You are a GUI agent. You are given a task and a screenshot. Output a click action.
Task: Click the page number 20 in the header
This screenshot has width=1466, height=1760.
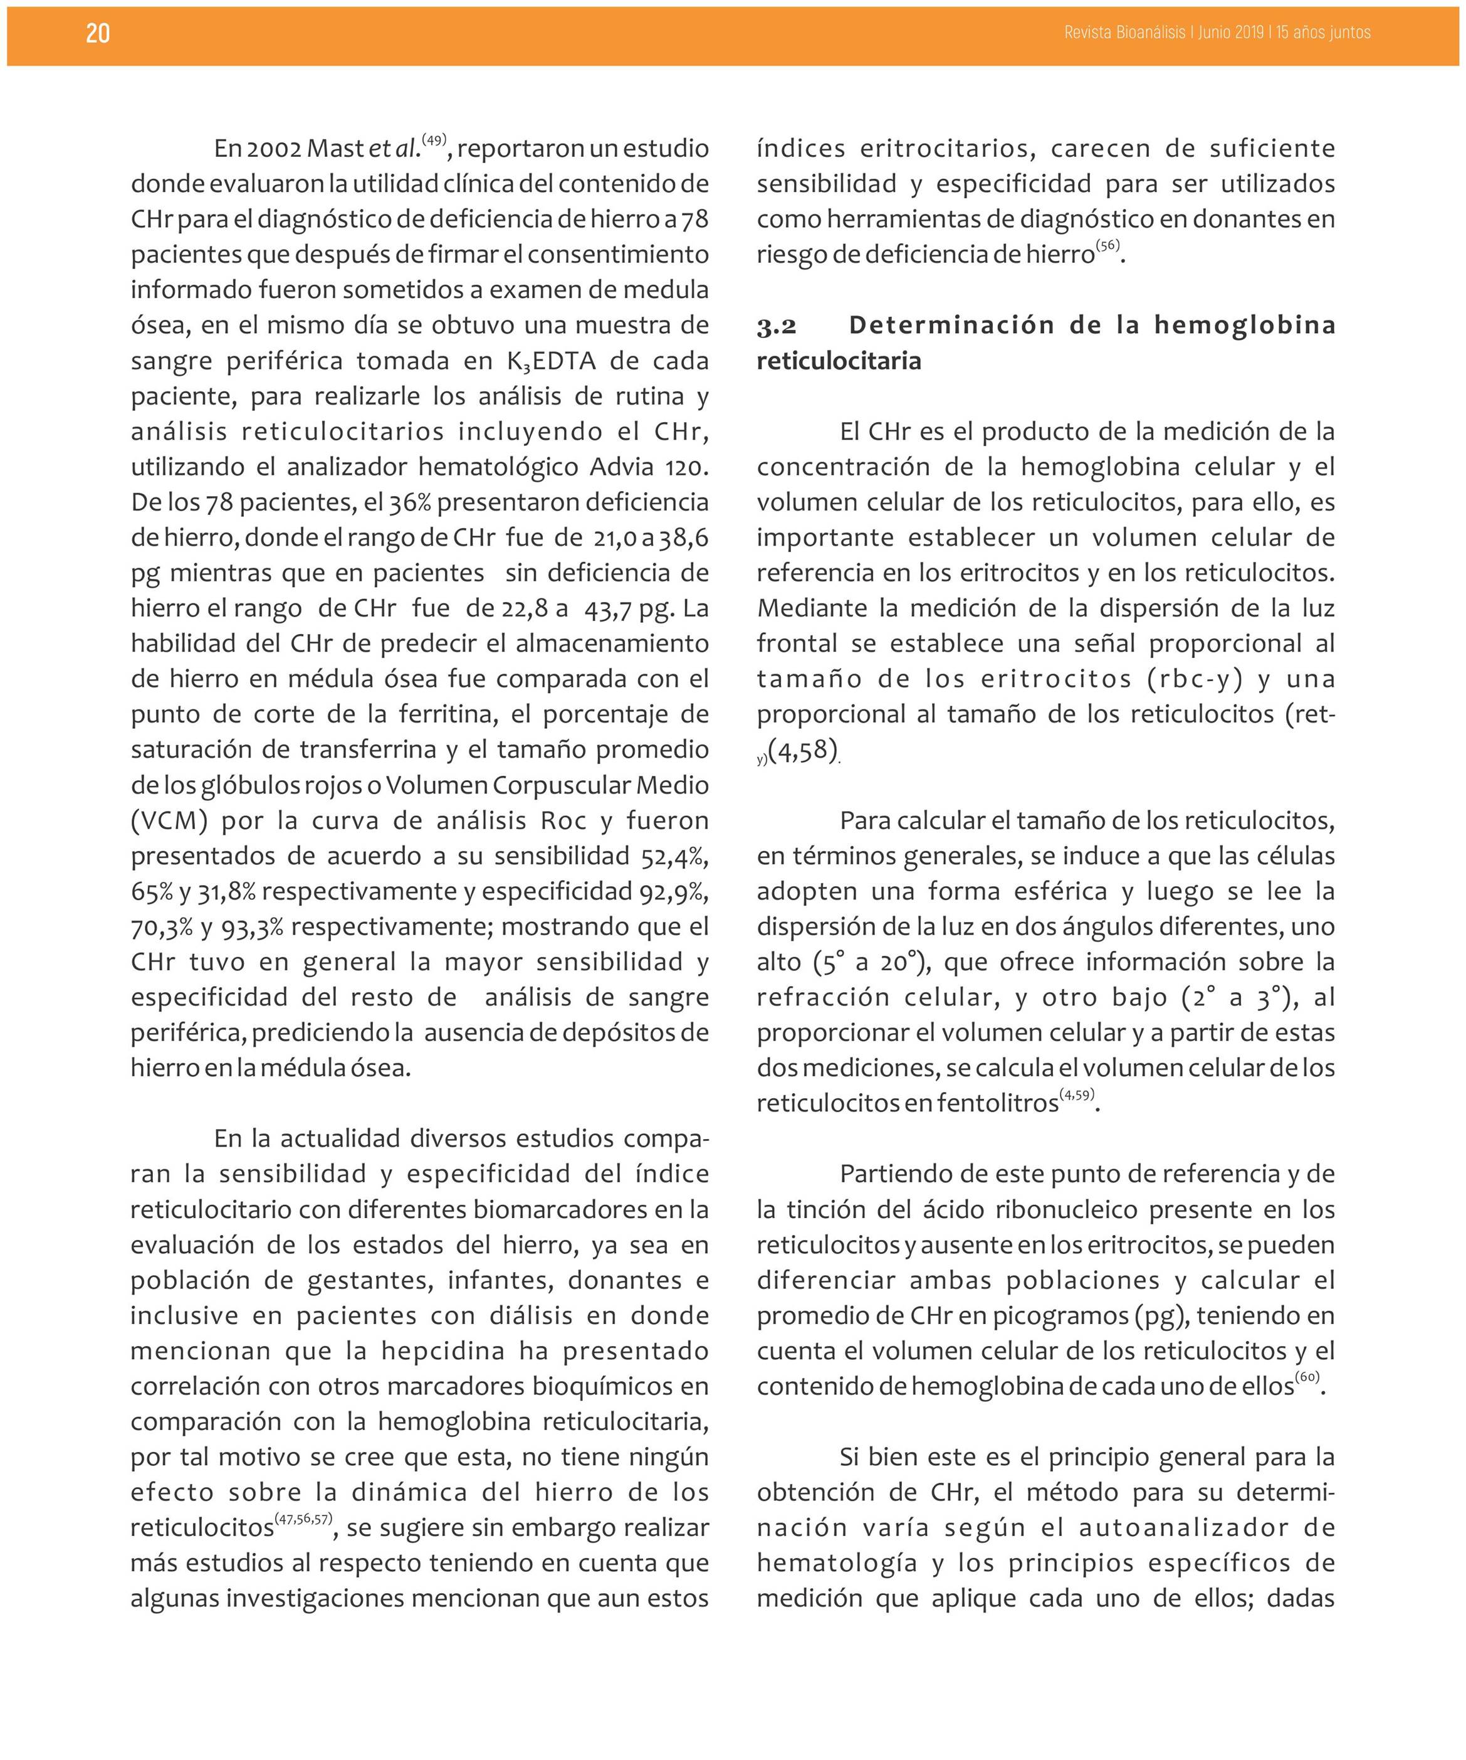(98, 33)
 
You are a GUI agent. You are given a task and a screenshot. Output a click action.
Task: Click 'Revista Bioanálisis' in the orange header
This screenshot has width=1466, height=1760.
(1124, 33)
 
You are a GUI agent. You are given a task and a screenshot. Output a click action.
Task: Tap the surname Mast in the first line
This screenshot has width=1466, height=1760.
(337, 149)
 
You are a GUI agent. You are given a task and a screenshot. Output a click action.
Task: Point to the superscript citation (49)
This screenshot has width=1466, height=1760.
(434, 140)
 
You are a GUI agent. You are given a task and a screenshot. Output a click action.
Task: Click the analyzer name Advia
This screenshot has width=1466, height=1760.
(622, 467)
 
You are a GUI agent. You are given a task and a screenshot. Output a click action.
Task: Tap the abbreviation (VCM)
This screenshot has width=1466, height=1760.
(169, 820)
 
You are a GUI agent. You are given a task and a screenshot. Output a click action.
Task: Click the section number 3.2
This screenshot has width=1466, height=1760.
(777, 326)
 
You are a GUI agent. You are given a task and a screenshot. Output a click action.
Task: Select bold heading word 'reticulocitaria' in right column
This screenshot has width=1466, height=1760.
(839, 361)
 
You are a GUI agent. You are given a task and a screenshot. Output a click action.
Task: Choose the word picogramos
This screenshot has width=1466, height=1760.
(1060, 1316)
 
